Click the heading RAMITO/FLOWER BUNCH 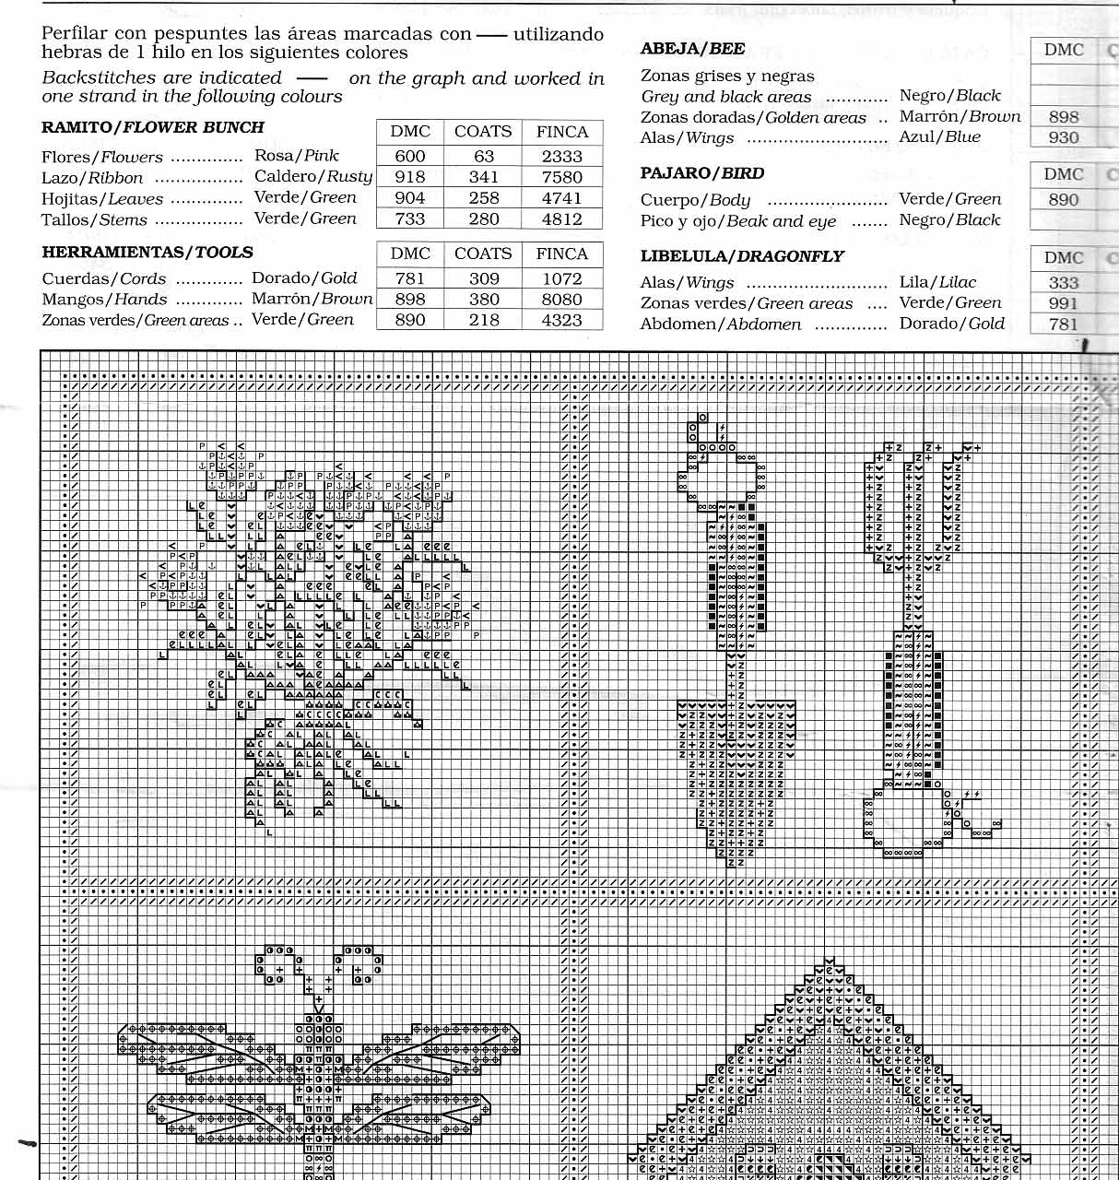[x=153, y=127]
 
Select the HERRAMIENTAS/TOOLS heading [x=147, y=252]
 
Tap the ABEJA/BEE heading [x=692, y=49]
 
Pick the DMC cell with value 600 [x=410, y=156]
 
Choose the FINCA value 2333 [x=562, y=156]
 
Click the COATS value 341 [x=483, y=176]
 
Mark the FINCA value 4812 [x=562, y=219]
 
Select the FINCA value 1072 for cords [x=562, y=278]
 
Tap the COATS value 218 [x=483, y=320]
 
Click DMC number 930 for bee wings [x=1063, y=137]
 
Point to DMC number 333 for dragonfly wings [x=1063, y=283]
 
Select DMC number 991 [x=1063, y=303]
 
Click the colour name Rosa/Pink [x=297, y=156]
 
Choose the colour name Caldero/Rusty [x=313, y=176]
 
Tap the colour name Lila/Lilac [x=937, y=282]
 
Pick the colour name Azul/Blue [x=940, y=136]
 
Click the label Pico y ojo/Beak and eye [x=738, y=221]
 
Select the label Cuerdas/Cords [x=104, y=278]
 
